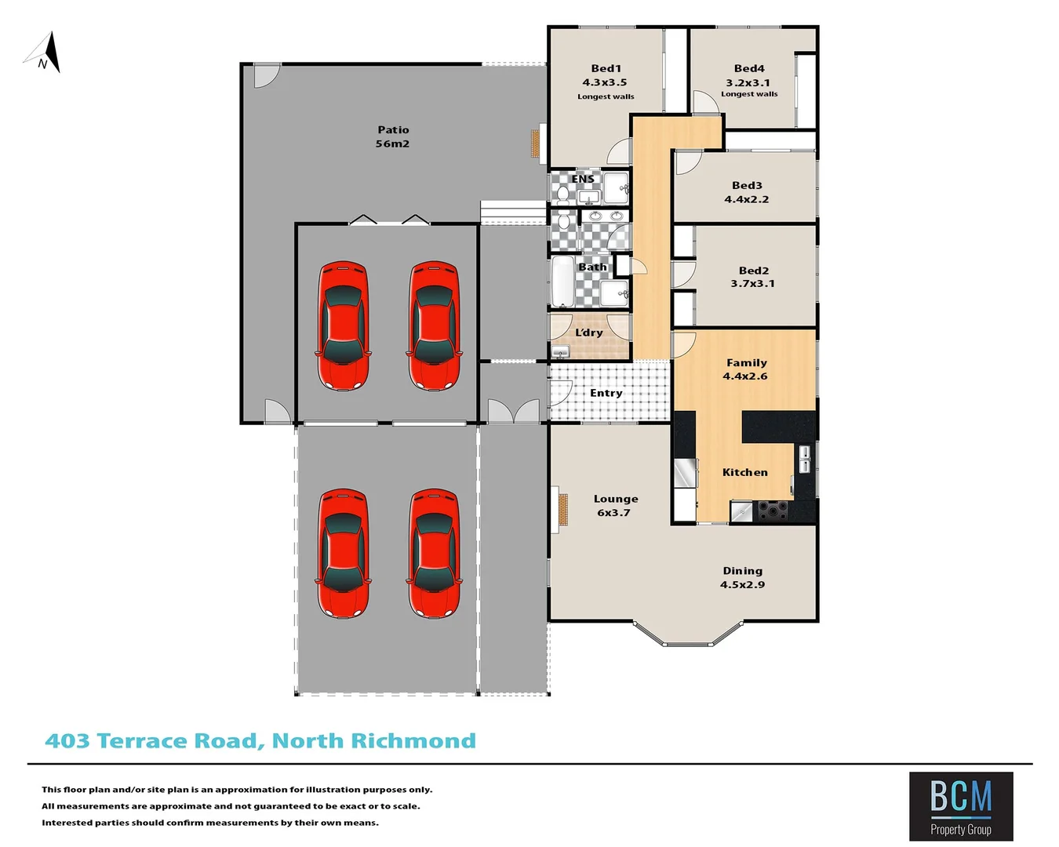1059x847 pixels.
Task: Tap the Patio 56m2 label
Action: pyautogui.click(x=392, y=136)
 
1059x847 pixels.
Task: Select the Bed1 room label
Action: pyautogui.click(x=606, y=68)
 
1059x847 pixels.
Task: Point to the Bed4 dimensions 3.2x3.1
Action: pyautogui.click(x=747, y=82)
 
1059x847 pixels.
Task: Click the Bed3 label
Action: pyautogui.click(x=747, y=185)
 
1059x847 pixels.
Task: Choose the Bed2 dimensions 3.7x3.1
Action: pyautogui.click(x=752, y=284)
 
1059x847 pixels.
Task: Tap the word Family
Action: pyautogui.click(x=746, y=362)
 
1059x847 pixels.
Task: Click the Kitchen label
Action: pyautogui.click(x=744, y=472)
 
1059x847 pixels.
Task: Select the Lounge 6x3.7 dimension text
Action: pyautogui.click(x=613, y=513)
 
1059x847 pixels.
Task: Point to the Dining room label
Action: pyautogui.click(x=742, y=571)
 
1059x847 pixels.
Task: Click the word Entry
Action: pyautogui.click(x=606, y=393)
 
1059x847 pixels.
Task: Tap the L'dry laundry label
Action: pyautogui.click(x=588, y=333)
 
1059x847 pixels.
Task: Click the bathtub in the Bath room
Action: pyautogui.click(x=562, y=282)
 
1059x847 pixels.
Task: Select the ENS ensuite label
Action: pyautogui.click(x=582, y=179)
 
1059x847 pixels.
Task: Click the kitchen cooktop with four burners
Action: pyautogui.click(x=773, y=511)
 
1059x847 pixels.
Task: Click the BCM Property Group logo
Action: pyautogui.click(x=960, y=805)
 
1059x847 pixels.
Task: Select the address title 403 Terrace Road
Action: pyautogui.click(x=260, y=740)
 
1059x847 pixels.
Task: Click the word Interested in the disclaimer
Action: pyautogui.click(x=67, y=823)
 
